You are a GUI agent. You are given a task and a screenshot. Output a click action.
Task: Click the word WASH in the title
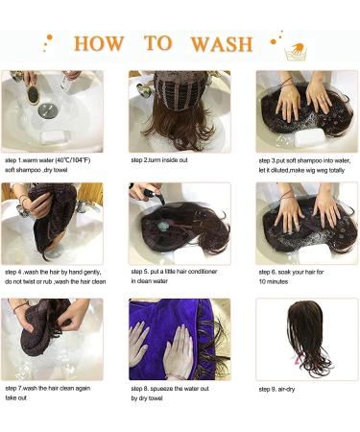pos(222,44)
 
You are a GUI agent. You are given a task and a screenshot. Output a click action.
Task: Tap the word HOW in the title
pos(99,43)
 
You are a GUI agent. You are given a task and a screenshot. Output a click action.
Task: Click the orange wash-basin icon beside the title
pos(296,52)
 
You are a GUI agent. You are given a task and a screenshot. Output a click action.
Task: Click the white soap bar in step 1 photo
pos(56,136)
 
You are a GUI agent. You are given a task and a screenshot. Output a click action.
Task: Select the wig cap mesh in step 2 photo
pos(180,90)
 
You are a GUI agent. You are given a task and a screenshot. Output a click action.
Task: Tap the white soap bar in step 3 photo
pos(310,136)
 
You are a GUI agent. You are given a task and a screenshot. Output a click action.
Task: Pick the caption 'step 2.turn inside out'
pos(159,160)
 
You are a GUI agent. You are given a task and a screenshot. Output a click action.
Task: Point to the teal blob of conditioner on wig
pos(163,227)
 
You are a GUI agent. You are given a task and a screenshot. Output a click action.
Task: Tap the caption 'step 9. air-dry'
pos(276,389)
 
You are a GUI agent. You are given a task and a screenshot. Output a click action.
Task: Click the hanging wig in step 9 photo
pos(308,338)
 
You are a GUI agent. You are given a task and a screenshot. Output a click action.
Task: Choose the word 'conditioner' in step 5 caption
pos(202,272)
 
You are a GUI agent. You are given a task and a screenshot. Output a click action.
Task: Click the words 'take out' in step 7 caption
pos(15,397)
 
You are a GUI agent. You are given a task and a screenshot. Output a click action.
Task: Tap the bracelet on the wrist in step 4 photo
pos(22,199)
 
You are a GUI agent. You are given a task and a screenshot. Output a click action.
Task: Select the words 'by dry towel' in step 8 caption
pos(147,398)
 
